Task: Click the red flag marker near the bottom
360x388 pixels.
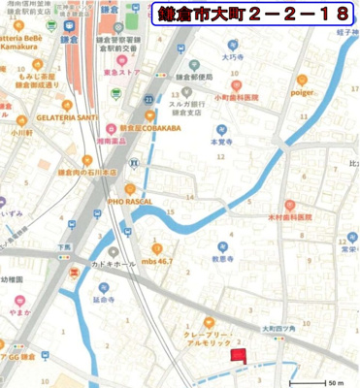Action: (x=237, y=358)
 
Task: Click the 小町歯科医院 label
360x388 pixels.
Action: (x=237, y=98)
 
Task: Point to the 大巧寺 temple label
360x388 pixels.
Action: (x=231, y=57)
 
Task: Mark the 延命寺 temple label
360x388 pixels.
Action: (x=104, y=300)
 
